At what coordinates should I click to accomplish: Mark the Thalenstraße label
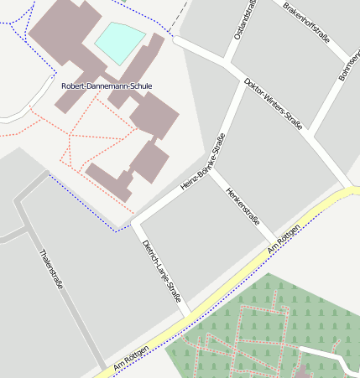pyautogui.click(x=51, y=270)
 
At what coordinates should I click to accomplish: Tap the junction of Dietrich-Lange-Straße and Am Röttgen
pyautogui.click(x=188, y=317)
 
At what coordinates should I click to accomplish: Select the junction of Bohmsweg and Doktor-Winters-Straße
pyautogui.click(x=310, y=132)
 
